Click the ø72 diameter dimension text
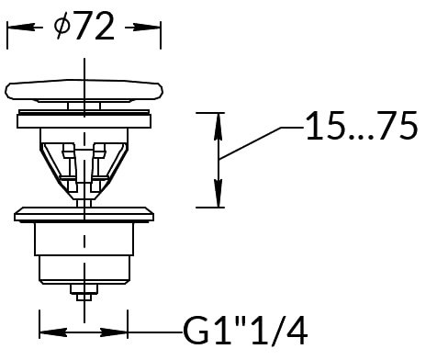point(84,27)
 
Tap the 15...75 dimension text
point(362,126)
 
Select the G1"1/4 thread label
point(245,332)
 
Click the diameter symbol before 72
point(62,27)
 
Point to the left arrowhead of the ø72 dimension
point(20,28)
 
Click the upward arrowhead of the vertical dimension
point(218,126)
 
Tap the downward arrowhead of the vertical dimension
point(218,194)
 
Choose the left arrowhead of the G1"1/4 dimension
point(53,332)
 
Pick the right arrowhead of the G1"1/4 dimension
point(114,332)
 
